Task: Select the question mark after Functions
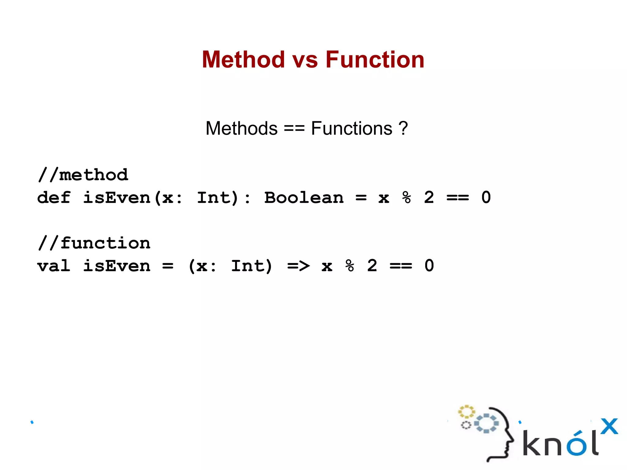(403, 128)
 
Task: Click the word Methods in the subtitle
(241, 128)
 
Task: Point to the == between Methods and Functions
(294, 129)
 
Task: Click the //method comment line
(83, 175)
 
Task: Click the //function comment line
(94, 243)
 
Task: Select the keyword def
(54, 197)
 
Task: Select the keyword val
(54, 266)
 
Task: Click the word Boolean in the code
(304, 197)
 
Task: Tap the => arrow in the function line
(298, 266)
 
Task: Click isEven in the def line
(117, 197)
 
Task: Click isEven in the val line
(117, 266)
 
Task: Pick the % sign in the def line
(406, 197)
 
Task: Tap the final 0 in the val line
(429, 265)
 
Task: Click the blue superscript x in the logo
(609, 426)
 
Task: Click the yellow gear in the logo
(466, 412)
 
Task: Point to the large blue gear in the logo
(486, 423)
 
